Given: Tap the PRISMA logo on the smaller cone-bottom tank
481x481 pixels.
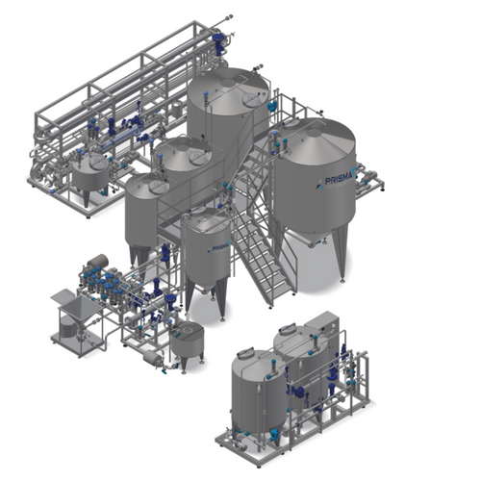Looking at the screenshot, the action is tap(218, 248).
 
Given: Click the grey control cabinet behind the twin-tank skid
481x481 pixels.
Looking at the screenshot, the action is tap(322, 324).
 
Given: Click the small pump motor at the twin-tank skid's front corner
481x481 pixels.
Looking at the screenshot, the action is tap(240, 444).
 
